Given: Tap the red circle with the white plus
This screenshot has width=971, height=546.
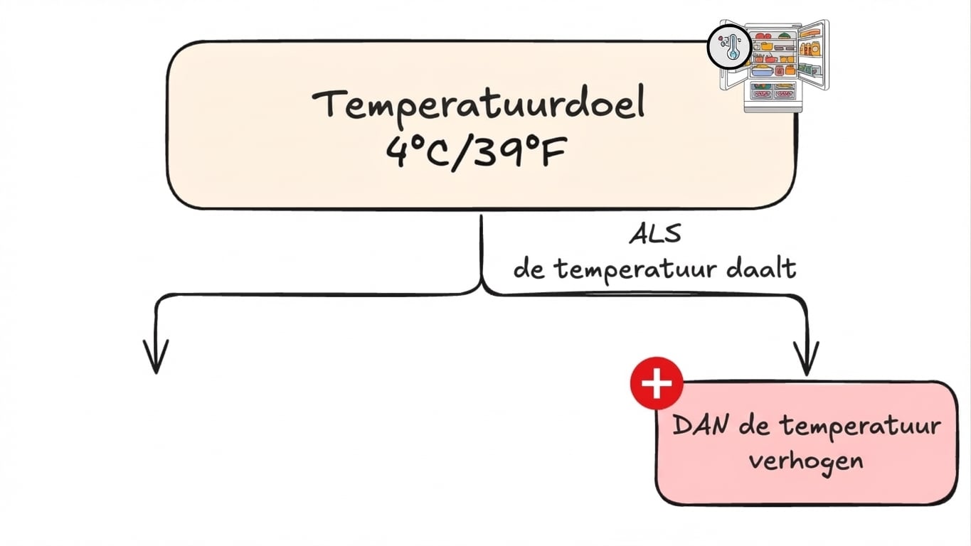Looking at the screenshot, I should (x=656, y=384).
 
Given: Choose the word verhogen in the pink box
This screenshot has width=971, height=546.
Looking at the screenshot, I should (x=806, y=460).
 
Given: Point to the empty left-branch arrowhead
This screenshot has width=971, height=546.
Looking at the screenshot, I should (x=155, y=355).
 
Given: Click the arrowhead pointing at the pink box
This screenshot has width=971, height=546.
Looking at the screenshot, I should (x=806, y=359).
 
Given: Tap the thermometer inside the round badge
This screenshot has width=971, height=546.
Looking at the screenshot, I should (x=731, y=48).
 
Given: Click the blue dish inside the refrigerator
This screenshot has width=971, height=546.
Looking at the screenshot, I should (x=761, y=71).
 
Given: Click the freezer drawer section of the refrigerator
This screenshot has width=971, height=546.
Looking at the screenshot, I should (x=774, y=95).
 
